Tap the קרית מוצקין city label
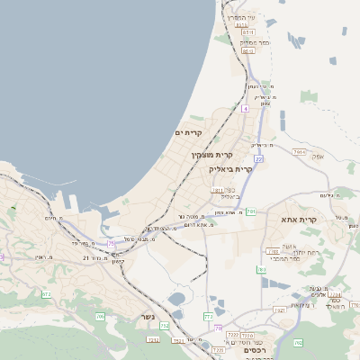(211, 155)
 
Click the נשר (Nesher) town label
(147, 317)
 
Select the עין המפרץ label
(242, 17)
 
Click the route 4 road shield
(244, 108)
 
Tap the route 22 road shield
(258, 159)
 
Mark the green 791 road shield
(252, 211)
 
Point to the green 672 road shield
(47, 294)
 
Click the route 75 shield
(111, 242)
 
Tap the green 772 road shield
(208, 316)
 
